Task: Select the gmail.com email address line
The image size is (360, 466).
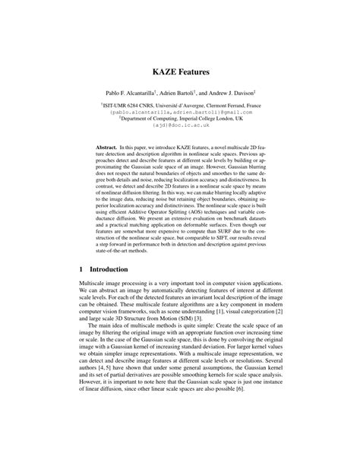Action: [180, 111]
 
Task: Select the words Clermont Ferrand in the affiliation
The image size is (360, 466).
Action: [240, 104]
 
